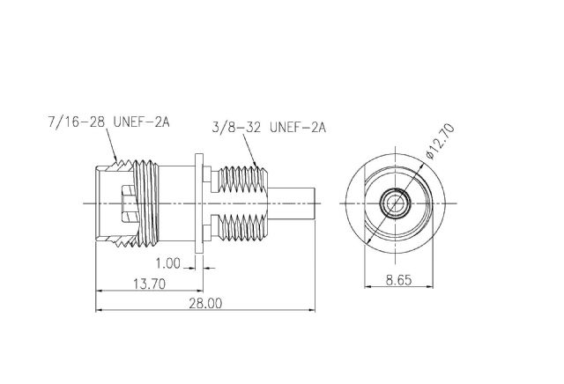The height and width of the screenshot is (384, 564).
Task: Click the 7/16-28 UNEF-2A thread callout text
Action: click(108, 122)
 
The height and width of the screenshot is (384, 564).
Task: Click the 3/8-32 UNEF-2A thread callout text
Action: click(269, 128)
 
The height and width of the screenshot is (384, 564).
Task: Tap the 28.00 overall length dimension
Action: click(205, 304)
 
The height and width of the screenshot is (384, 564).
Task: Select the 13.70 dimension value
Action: click(150, 284)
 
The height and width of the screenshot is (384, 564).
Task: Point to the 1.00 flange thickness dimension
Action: click(167, 263)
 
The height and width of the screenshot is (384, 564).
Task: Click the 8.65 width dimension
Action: click(398, 280)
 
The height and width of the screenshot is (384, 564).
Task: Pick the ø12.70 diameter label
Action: click(440, 141)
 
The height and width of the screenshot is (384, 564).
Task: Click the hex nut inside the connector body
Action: click(129, 203)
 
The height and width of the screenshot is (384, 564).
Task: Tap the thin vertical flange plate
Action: click(199, 203)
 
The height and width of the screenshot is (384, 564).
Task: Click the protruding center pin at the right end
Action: click(292, 203)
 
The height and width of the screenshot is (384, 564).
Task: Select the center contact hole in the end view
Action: click(396, 203)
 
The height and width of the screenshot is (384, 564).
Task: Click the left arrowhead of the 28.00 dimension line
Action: click(100, 309)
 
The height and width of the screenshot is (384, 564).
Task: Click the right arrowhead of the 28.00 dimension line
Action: click(311, 309)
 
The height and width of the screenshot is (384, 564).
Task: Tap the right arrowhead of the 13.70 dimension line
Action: click(199, 291)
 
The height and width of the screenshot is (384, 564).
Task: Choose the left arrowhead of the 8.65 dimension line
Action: click(368, 286)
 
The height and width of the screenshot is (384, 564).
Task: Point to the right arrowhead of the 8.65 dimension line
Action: click(429, 286)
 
